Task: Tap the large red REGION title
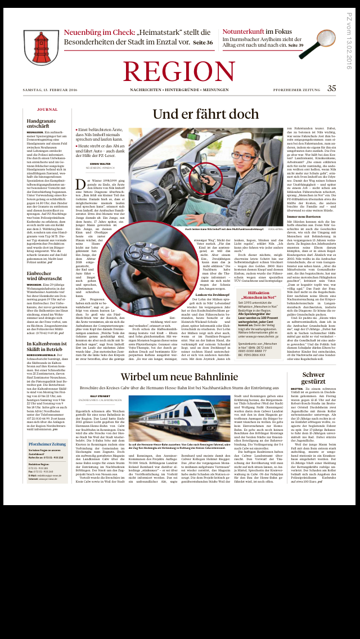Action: click(x=179, y=71)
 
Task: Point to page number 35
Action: click(x=332, y=88)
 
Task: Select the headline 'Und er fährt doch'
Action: click(x=205, y=114)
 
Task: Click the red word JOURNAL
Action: click(x=47, y=109)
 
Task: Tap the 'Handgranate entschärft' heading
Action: click(x=42, y=123)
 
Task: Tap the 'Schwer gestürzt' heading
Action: click(x=313, y=379)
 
